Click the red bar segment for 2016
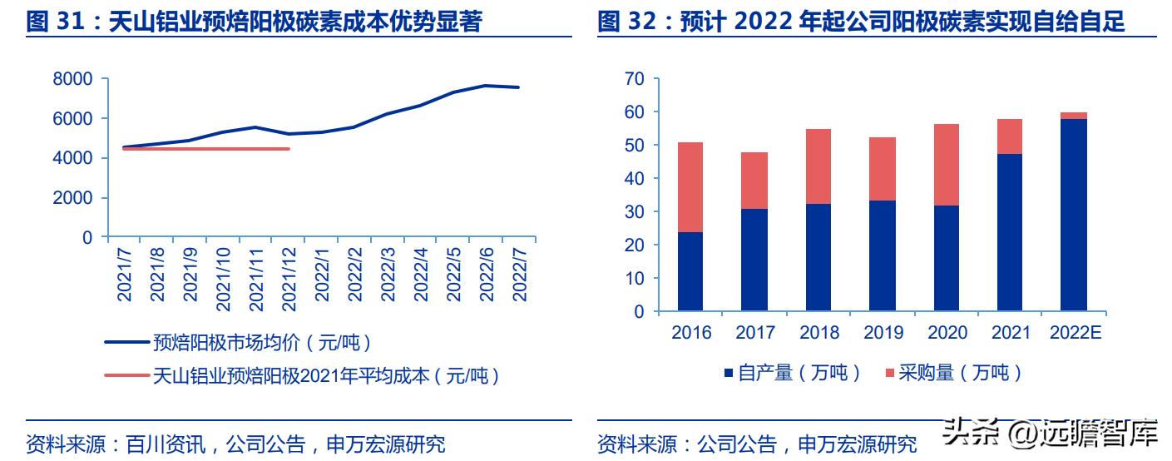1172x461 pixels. (x=690, y=187)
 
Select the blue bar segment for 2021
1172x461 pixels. (x=1010, y=232)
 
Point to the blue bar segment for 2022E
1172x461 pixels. (x=1073, y=215)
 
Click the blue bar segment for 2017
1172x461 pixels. (x=754, y=260)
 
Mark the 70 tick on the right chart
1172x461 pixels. (x=635, y=79)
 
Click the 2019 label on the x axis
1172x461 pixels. (x=883, y=333)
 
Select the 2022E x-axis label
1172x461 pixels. (x=1075, y=333)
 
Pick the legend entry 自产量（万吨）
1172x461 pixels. (x=790, y=373)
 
